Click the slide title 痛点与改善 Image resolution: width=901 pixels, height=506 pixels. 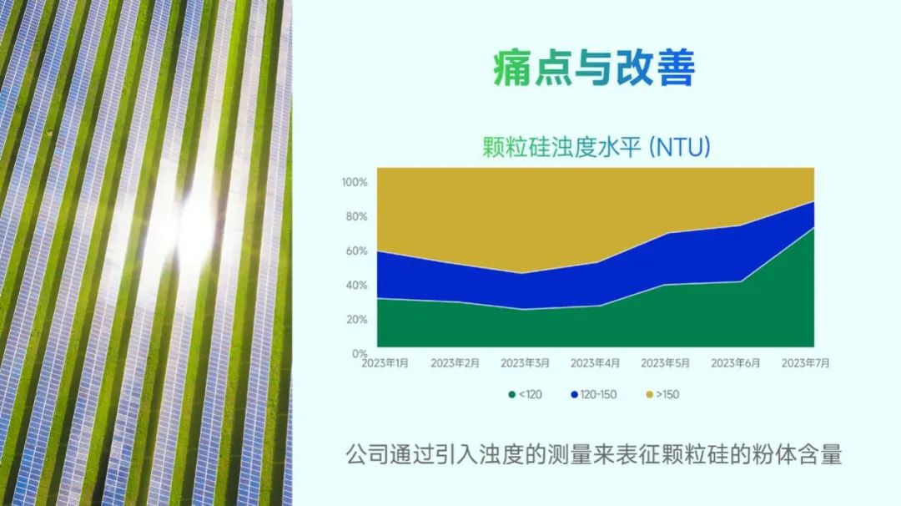click(594, 68)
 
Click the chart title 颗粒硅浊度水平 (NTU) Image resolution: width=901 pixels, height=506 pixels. click(596, 147)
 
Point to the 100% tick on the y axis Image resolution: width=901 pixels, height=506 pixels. click(354, 182)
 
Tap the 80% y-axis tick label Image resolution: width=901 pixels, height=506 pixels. click(356, 217)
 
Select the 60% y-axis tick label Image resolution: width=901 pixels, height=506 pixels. click(356, 250)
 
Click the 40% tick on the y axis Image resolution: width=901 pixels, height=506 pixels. click(356, 286)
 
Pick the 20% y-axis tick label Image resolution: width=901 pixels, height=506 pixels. click(356, 319)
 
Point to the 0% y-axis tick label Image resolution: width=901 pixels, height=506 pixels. click(359, 353)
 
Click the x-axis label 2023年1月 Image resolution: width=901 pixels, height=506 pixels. click(385, 363)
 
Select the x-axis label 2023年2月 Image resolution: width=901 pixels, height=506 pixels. click(456, 363)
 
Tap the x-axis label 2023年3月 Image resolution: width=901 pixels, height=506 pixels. click(526, 363)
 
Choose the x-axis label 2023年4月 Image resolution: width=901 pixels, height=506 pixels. click(596, 363)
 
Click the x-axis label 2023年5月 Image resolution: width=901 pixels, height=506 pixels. click(666, 363)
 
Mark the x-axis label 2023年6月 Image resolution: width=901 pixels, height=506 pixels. click(736, 363)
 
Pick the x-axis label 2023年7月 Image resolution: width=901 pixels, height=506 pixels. click(806, 363)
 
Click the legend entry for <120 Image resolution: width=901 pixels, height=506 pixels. click(526, 394)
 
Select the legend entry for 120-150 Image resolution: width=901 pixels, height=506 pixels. click(594, 394)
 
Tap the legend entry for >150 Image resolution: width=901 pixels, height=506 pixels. click(662, 394)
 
